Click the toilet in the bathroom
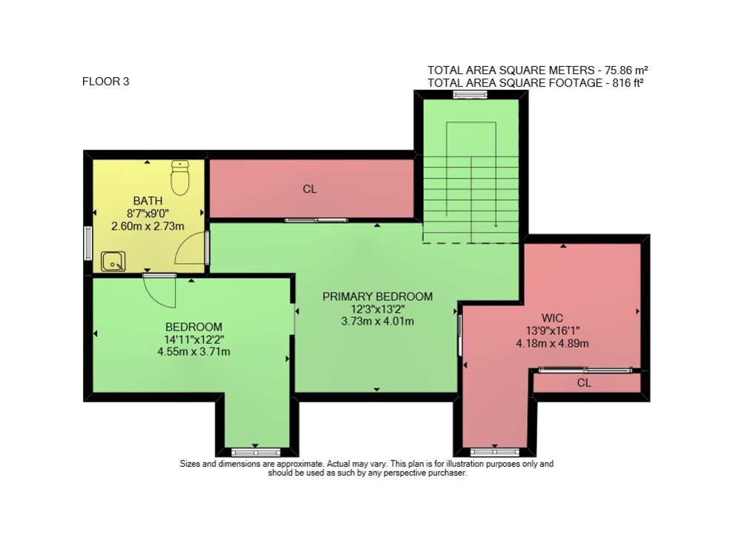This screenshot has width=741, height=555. click(x=180, y=177)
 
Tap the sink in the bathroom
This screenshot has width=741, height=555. click(x=113, y=262)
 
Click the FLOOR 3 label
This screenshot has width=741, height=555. click(x=105, y=82)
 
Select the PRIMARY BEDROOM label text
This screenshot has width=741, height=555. click(x=378, y=296)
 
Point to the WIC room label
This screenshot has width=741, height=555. click(x=553, y=318)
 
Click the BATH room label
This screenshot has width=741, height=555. click(x=147, y=201)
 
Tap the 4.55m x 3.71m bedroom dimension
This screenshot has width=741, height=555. click(x=193, y=352)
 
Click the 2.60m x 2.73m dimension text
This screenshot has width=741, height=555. click(x=147, y=226)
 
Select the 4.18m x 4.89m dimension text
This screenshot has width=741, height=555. click(x=553, y=344)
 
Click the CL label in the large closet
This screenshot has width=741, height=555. click(x=310, y=189)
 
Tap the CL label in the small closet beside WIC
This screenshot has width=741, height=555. click(x=584, y=383)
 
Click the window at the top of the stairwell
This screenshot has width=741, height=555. click(x=471, y=95)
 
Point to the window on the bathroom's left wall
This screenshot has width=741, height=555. click(x=88, y=243)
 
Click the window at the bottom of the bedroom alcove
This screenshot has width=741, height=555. click(x=256, y=453)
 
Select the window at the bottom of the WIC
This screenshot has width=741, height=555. click(x=495, y=453)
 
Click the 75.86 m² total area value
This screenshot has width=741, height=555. click(x=623, y=70)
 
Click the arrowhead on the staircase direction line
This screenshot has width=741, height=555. click(x=496, y=225)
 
